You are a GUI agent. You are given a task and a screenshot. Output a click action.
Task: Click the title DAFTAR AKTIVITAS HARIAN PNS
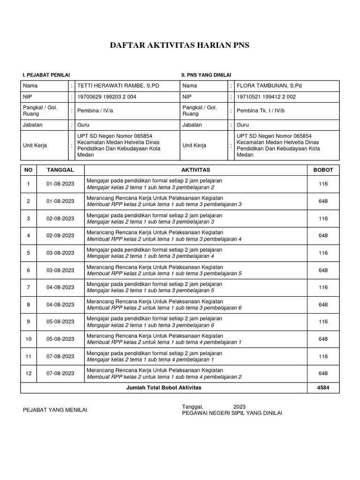point(180,45)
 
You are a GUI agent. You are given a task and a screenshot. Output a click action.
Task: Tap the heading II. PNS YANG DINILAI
point(206,75)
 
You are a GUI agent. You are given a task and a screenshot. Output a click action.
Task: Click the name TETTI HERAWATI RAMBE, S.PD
point(111,86)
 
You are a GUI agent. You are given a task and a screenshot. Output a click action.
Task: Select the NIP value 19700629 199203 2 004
point(106,97)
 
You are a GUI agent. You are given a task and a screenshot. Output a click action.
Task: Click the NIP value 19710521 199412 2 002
point(266,97)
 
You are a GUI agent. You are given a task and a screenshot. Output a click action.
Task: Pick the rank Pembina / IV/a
point(96,111)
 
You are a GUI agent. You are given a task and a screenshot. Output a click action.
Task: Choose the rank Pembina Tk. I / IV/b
point(261,111)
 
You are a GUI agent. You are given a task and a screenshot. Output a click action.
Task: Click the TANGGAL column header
point(60,170)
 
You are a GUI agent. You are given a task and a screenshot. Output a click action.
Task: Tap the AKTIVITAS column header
point(195,170)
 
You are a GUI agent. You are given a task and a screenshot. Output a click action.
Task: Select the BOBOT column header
point(323,170)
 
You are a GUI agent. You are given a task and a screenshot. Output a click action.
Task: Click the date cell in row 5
point(60,253)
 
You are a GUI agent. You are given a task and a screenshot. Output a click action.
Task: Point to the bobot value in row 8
point(323,305)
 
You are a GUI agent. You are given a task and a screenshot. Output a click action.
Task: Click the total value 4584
point(323,388)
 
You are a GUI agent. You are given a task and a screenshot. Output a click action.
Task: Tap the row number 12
point(29,374)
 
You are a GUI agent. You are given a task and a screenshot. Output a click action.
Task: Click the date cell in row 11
point(60,356)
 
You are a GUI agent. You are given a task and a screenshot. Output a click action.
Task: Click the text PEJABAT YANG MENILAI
point(55,410)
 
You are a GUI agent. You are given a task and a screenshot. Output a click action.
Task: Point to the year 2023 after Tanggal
point(239,406)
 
